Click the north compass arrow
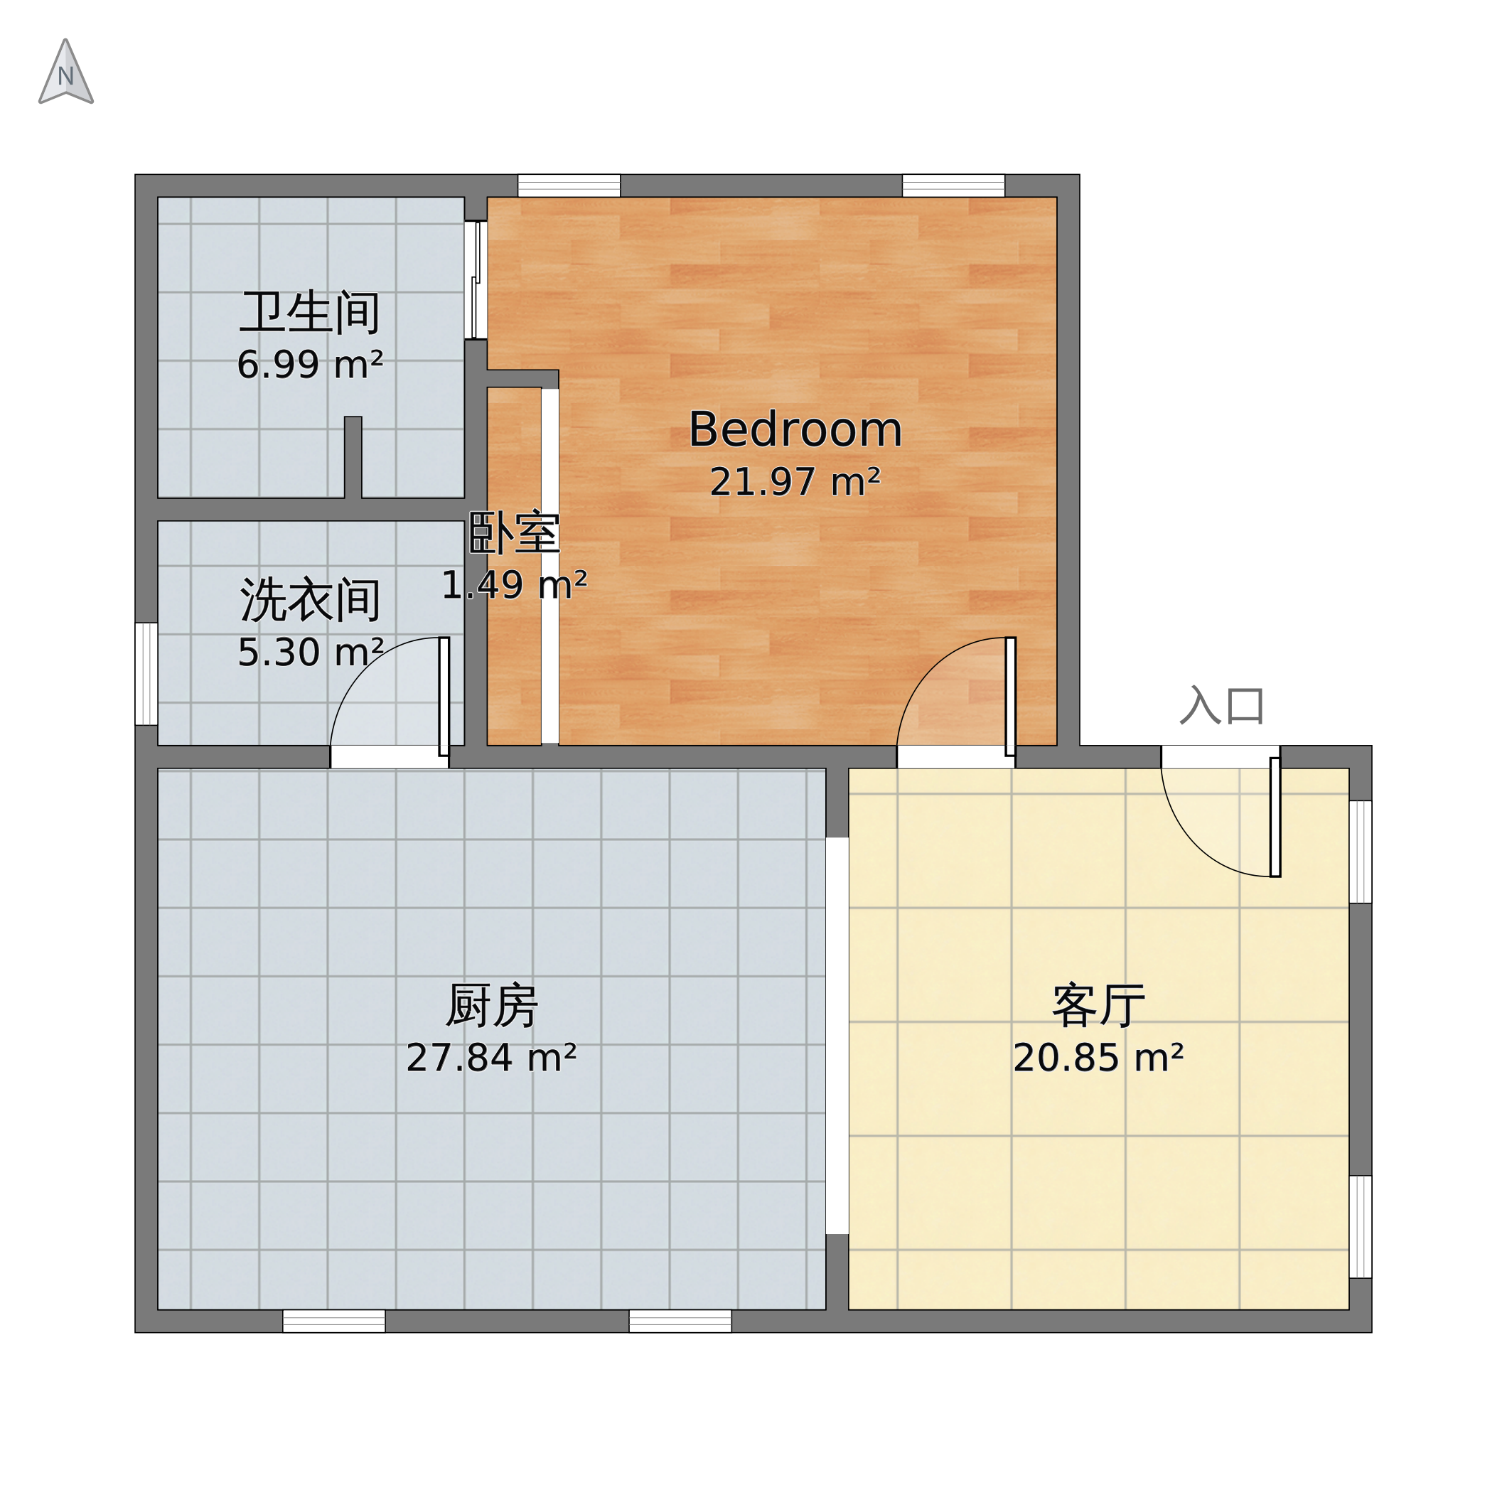pyautogui.click(x=66, y=72)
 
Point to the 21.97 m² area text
pyautogui.click(x=795, y=481)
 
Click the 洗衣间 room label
pyautogui.click(x=310, y=600)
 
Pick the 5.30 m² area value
pyautogui.click(x=310, y=652)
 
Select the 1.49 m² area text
pyautogui.click(x=514, y=585)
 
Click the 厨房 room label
pyautogui.click(x=491, y=1007)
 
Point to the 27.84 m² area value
pyautogui.click(x=491, y=1058)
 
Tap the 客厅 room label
pyautogui.click(x=1098, y=1007)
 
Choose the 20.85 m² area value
pyautogui.click(x=1098, y=1058)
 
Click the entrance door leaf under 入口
pyautogui.click(x=1275, y=817)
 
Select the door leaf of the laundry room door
pyautogui.click(x=443, y=697)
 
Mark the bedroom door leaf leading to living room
pyautogui.click(x=1010, y=697)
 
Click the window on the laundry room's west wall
pyautogui.click(x=146, y=674)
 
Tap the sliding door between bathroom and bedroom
pyautogui.click(x=476, y=280)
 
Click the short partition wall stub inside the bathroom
pyautogui.click(x=353, y=457)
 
